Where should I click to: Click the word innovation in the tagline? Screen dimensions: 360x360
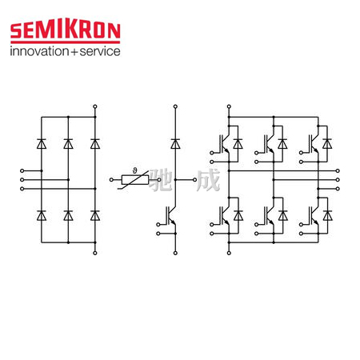[39, 51]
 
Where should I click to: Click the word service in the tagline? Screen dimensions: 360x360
[100, 51]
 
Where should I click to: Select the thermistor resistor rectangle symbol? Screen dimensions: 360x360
[135, 180]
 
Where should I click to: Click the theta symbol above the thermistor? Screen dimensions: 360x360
[134, 170]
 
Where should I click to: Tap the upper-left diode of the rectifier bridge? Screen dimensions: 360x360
[42, 144]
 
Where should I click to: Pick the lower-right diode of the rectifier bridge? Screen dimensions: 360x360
[95, 215]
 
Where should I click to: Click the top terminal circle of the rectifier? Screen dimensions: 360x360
[95, 106]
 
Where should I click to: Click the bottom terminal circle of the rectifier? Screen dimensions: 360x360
[95, 253]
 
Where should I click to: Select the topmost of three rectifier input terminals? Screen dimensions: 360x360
[22, 170]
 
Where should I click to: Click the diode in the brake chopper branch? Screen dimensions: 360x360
[175, 144]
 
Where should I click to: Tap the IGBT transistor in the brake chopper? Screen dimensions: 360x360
[171, 215]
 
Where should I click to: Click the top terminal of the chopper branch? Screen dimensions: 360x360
[175, 106]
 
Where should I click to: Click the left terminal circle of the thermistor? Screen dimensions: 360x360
[111, 180]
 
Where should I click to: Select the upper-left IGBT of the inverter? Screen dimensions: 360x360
[225, 144]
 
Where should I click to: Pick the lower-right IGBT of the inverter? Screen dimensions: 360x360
[314, 215]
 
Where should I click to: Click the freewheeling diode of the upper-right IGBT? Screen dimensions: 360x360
[327, 144]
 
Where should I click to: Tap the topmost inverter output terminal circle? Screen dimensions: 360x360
[338, 170]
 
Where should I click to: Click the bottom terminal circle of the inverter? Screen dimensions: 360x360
[229, 253]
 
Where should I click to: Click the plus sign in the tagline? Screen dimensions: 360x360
[74, 52]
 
